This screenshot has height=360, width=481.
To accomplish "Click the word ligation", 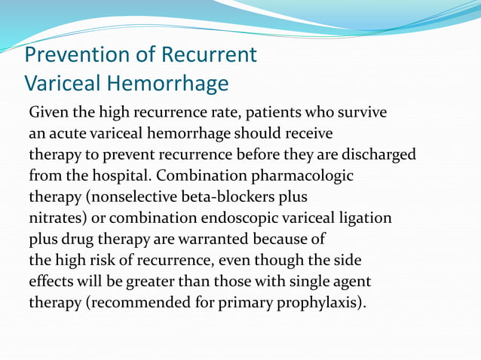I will point(366,218).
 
